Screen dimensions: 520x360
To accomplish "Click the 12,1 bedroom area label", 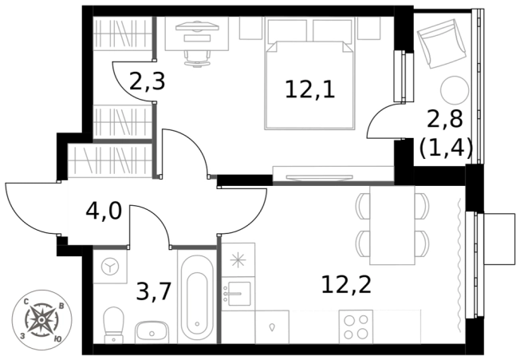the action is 310,90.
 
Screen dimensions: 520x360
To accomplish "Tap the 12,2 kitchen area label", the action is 346,285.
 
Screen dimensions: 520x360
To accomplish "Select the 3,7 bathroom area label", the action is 154,291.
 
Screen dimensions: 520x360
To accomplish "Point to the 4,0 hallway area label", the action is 104,212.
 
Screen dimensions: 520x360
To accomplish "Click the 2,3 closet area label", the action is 148,81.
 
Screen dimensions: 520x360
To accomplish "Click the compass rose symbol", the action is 41,319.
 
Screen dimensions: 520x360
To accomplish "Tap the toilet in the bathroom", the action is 113,325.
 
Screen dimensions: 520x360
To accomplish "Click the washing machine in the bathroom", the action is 110,267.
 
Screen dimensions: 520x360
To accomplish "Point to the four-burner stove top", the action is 356,326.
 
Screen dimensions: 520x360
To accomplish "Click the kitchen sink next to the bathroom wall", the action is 238,294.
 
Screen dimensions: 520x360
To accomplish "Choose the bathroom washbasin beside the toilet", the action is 152,332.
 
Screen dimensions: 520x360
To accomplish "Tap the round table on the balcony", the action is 455,90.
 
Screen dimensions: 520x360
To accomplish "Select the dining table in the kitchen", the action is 392,225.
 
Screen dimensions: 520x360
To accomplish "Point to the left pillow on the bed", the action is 287,30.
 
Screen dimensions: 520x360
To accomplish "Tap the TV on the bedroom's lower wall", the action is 319,178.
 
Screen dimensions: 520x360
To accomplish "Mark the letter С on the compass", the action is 26,302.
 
